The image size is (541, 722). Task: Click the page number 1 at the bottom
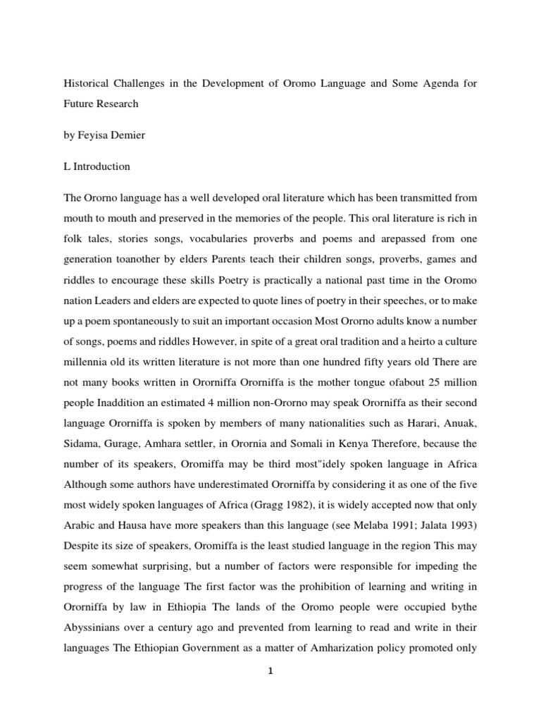point(270,671)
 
